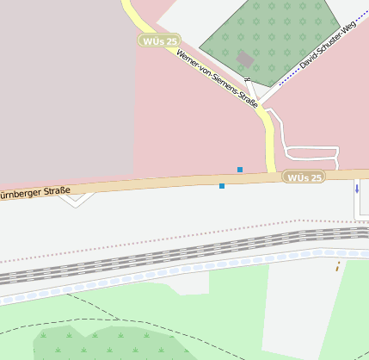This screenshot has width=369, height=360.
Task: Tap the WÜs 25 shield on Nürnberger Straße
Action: point(304,177)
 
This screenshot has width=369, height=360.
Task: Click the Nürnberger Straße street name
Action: point(34,192)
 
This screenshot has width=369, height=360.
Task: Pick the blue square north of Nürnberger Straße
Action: point(240,169)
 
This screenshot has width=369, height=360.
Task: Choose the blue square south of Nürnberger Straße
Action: point(222,186)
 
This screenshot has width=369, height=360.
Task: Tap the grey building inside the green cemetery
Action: point(245,59)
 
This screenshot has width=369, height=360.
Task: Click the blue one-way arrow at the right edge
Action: point(357,188)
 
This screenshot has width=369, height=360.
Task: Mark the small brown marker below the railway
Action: point(337,265)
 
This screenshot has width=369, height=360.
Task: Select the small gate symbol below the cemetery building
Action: point(247,80)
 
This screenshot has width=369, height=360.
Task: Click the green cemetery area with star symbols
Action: point(284,34)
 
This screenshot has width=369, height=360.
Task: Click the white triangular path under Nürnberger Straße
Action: point(77,200)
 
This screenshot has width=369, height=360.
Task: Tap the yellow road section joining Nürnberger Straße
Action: point(269,146)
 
